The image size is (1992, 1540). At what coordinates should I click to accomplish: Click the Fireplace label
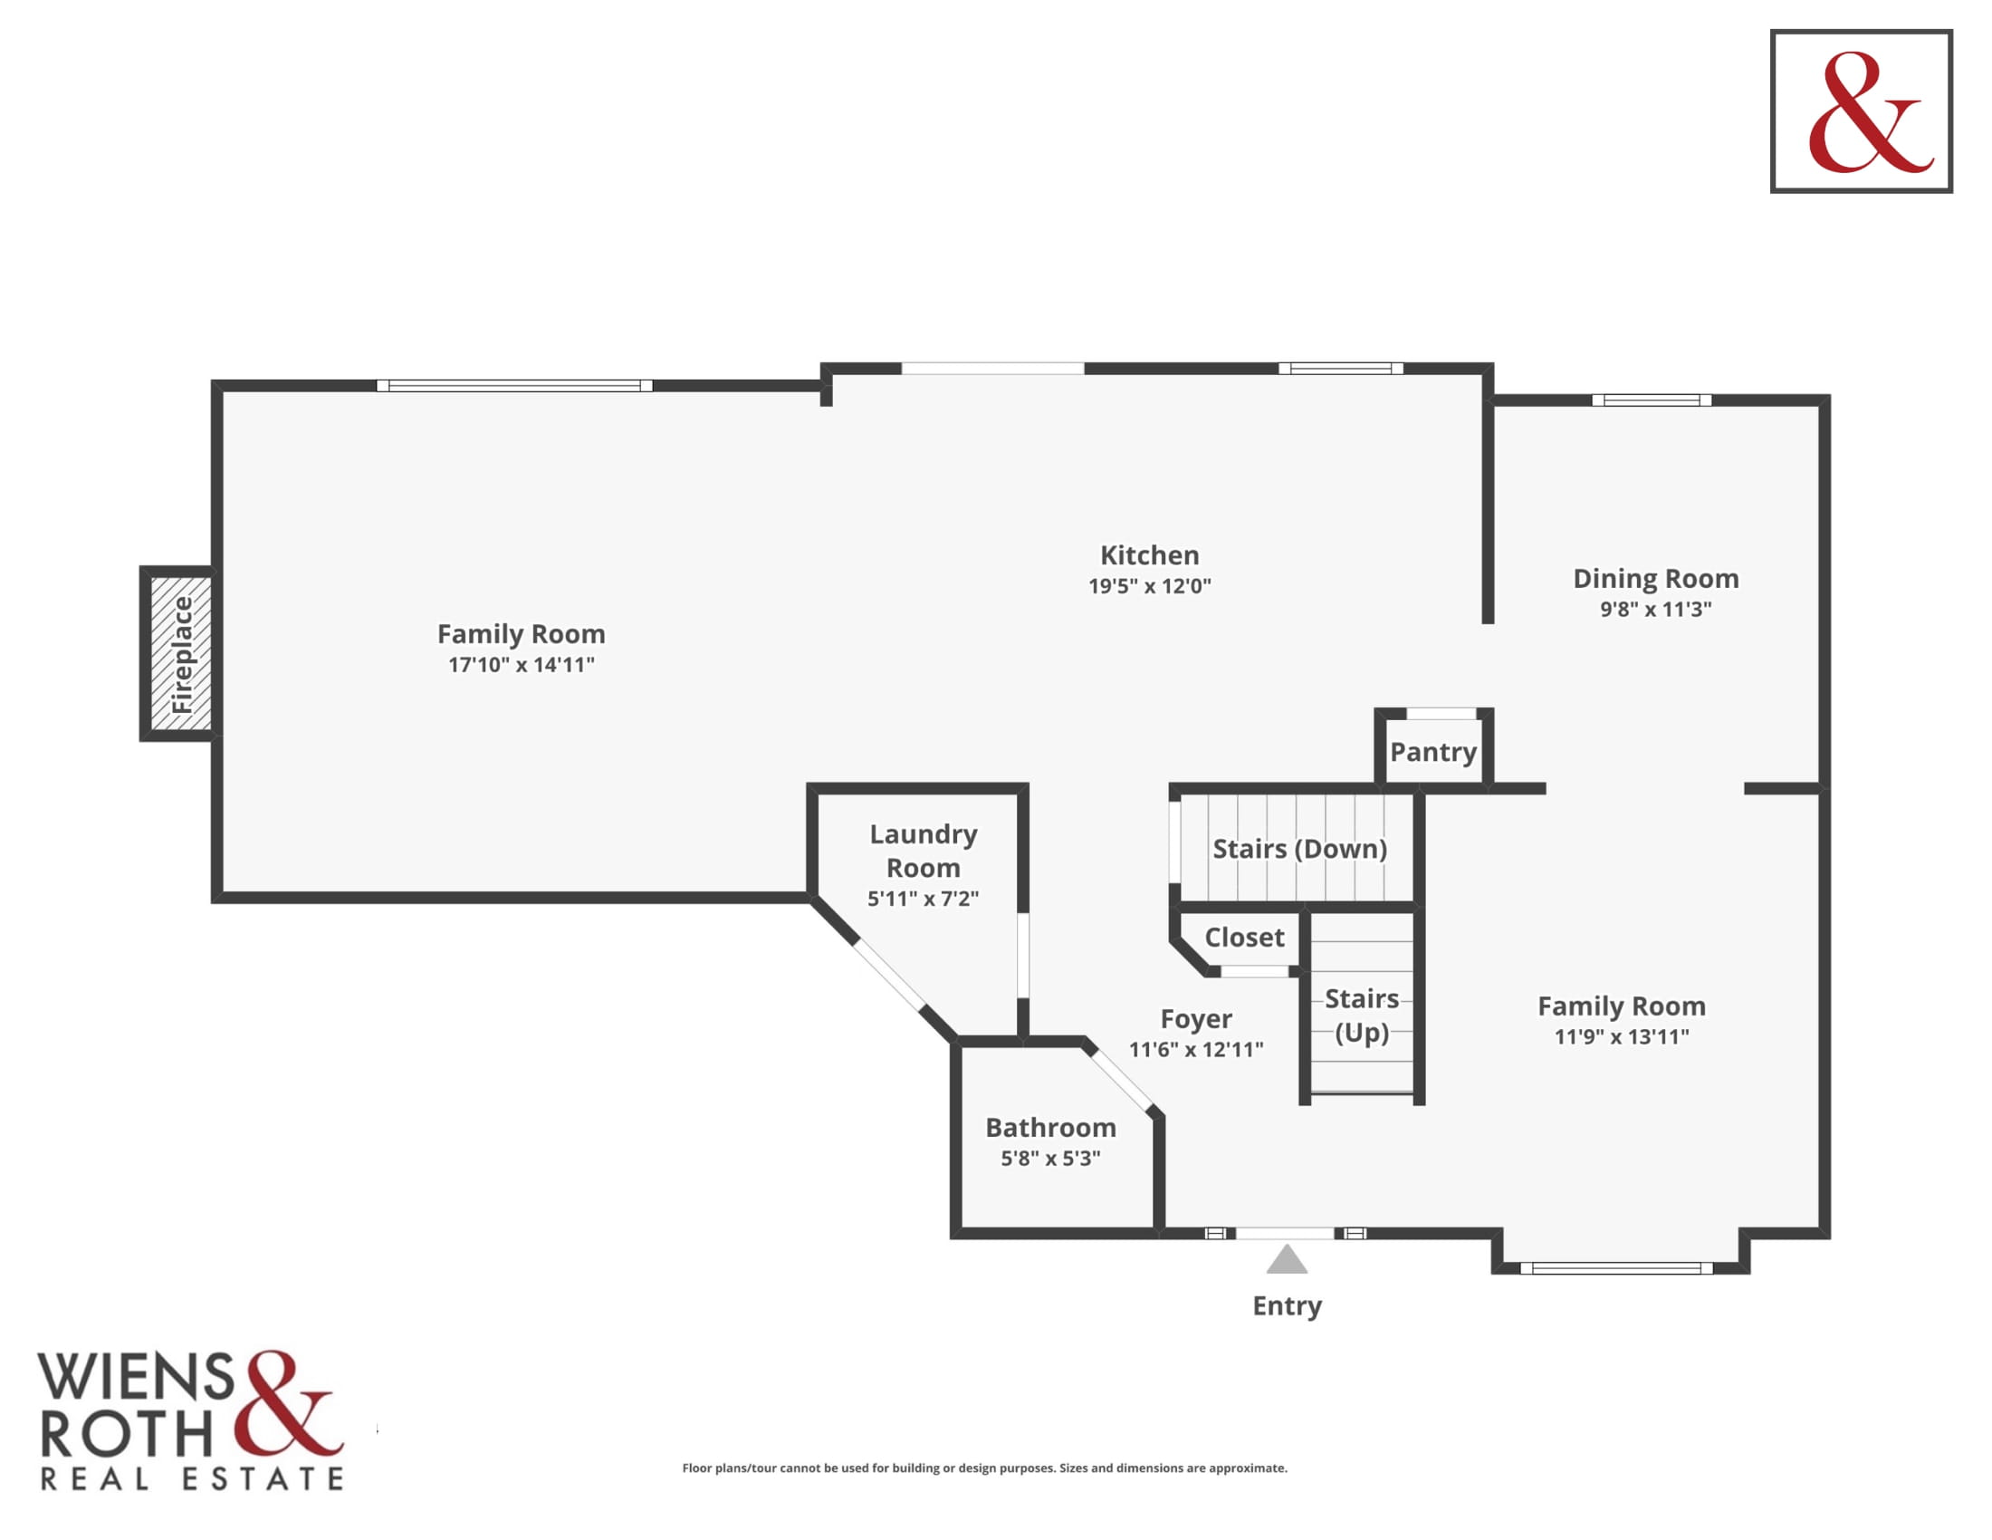182,654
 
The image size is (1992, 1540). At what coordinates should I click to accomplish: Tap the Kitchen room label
1149,554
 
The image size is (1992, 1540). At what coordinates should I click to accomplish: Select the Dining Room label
1655,579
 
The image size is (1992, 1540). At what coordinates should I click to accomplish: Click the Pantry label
1433,752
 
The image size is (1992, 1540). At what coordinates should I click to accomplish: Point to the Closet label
1244,937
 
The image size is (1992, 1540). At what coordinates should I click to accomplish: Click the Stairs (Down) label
1299,849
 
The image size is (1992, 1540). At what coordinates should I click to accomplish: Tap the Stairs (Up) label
1362,1015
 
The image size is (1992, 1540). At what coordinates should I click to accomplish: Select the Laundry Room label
923,851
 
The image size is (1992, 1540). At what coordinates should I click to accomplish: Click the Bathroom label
1050,1127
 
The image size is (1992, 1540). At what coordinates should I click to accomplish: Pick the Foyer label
1196,1018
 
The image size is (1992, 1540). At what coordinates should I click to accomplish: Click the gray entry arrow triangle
1287,1260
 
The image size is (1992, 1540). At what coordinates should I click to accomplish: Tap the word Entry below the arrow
1287,1306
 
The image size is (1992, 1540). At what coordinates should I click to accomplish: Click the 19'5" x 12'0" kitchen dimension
1149,586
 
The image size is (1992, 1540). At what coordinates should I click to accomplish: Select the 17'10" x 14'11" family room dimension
521,664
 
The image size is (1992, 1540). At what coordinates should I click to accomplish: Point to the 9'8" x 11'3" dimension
1655,609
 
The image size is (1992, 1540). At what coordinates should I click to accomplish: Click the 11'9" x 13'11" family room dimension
1622,1036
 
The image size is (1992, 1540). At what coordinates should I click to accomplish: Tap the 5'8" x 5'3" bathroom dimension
1050,1158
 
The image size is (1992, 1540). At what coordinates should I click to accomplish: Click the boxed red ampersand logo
1862,111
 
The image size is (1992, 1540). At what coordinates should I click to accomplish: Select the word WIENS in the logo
135,1378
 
